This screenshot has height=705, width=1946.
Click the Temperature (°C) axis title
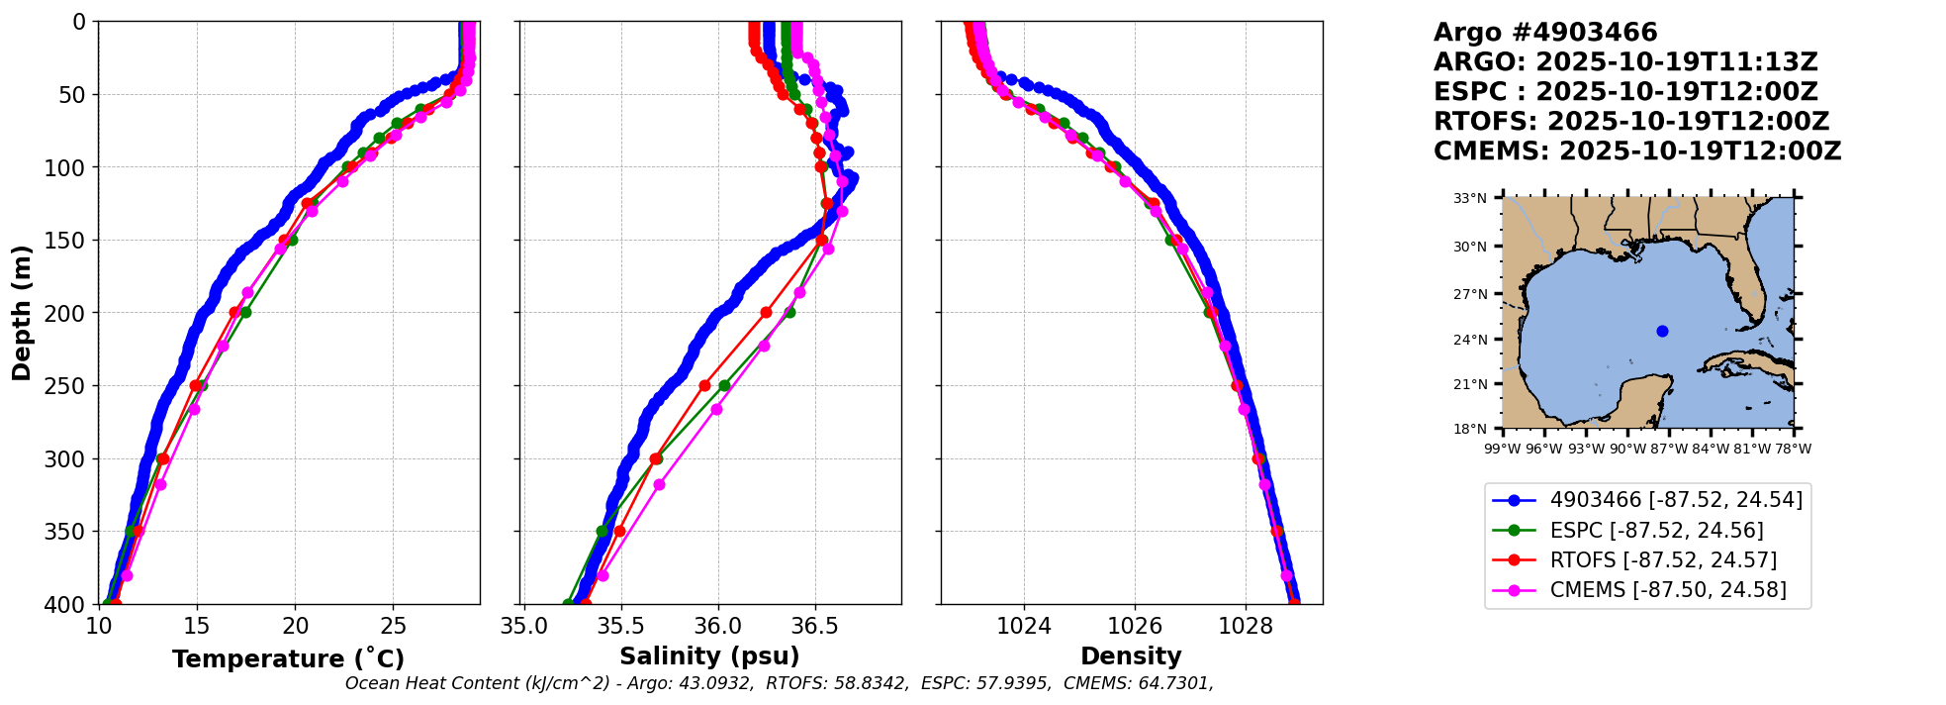[288, 658]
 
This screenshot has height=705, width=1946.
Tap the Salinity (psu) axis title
[709, 656]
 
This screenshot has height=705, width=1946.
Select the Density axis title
[1131, 656]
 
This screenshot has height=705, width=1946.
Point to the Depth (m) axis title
[21, 312]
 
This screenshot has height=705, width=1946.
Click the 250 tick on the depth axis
[68, 385]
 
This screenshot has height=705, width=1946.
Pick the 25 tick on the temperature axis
[393, 626]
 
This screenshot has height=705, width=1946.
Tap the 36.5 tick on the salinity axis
[815, 626]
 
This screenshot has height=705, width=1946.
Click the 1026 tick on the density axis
[1134, 626]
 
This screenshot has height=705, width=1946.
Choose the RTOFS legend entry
[1663, 560]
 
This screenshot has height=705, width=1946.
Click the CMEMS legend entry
[1668, 590]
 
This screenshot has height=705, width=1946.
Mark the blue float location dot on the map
[1662, 331]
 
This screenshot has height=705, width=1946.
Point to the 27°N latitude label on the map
[1470, 294]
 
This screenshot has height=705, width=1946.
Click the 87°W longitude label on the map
[1669, 449]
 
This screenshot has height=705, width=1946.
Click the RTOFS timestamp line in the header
[1631, 122]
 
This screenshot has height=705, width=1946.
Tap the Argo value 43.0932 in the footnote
[712, 683]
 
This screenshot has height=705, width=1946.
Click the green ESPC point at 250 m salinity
[724, 385]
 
